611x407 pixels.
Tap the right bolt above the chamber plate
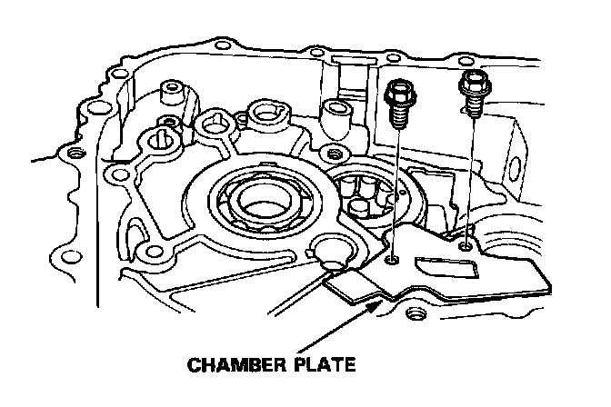point(474,92)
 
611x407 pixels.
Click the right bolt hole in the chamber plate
point(466,244)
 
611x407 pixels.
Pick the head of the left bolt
point(400,92)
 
